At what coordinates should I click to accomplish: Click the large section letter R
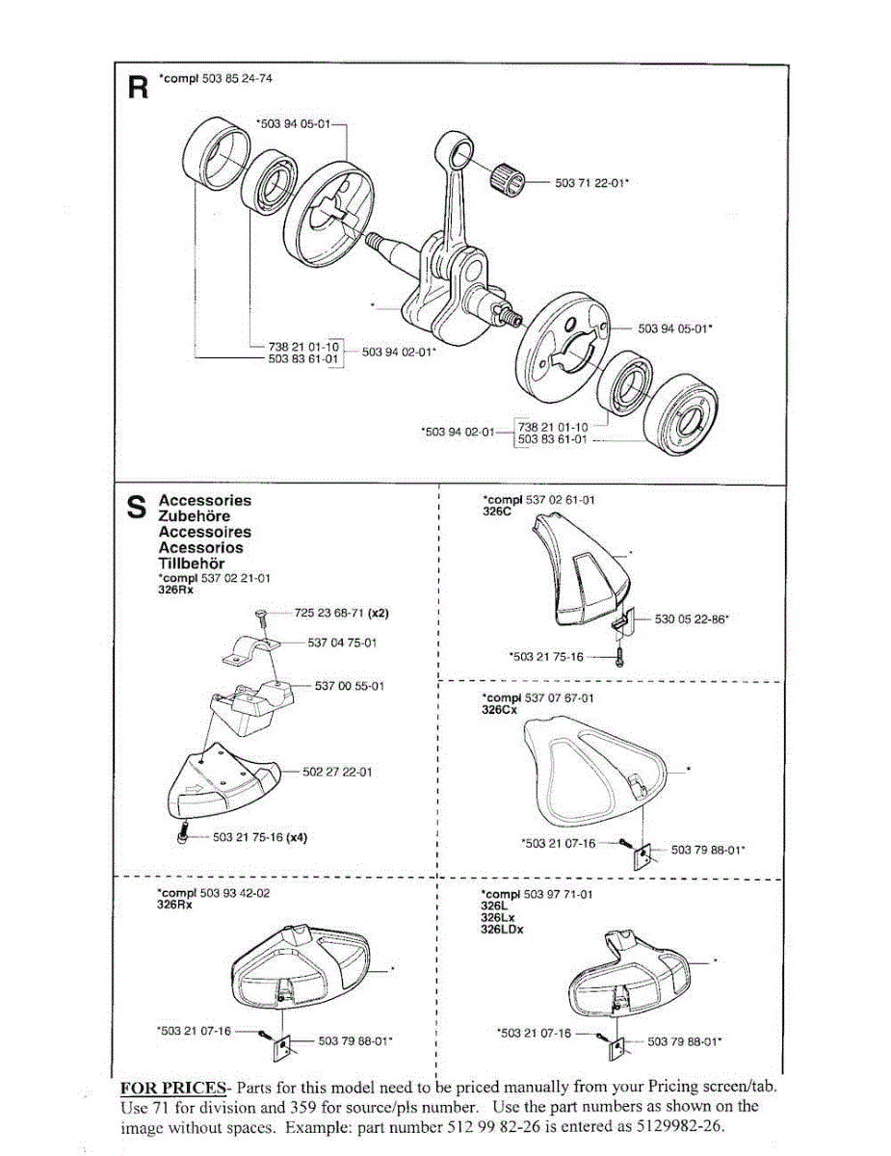tap(139, 89)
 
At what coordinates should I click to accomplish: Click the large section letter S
tap(138, 508)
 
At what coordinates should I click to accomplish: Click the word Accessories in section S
tap(204, 500)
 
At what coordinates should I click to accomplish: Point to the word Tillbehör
tap(191, 563)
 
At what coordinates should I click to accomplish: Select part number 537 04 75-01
tap(341, 643)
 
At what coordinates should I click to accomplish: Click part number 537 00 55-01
tap(350, 686)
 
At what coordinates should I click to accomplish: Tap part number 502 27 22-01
tap(337, 772)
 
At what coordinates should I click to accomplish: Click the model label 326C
tap(494, 512)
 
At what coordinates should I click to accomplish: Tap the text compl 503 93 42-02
tap(213, 893)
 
